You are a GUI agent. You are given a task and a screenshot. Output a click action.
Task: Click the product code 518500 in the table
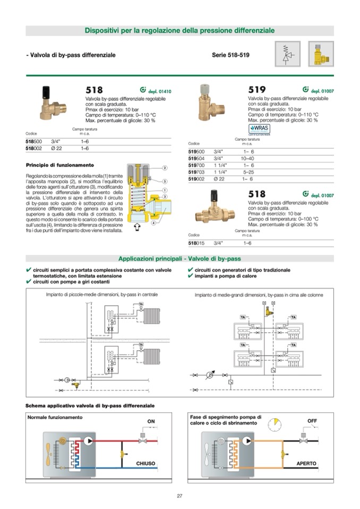click(x=34, y=142)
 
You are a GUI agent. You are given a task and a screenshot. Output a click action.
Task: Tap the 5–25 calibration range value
click(x=248, y=172)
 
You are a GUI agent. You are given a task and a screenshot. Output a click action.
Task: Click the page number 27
click(x=179, y=496)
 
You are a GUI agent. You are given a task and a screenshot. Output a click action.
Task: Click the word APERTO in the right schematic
click(x=306, y=463)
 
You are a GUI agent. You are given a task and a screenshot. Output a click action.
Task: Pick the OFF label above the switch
click(x=312, y=421)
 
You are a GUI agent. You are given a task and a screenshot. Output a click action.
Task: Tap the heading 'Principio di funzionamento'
click(x=59, y=165)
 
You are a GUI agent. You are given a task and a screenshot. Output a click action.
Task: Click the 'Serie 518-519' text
click(x=230, y=55)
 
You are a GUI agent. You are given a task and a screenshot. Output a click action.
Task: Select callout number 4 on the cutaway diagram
click(x=153, y=222)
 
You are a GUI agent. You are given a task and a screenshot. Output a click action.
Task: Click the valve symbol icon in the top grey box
click(x=287, y=55)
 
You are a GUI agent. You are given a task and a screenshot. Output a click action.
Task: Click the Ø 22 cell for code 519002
click(x=218, y=179)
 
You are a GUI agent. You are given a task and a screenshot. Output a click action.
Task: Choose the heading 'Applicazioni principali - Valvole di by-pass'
click(x=179, y=258)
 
